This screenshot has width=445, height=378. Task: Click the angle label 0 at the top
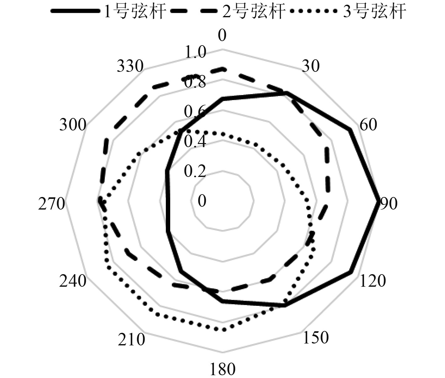pos(222,36)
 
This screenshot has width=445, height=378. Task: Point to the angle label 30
pos(311,66)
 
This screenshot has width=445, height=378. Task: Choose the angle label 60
pos(368,125)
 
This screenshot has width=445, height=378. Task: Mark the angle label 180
pos(222,370)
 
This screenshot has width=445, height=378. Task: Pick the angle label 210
pos(132,340)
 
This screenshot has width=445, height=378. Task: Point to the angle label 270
pos(52,204)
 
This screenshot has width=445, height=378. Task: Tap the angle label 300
pos(73,125)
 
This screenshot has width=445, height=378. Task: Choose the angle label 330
pos(130,66)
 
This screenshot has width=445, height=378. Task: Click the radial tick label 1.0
pos(195,52)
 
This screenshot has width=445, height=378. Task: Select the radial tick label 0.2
pos(195,171)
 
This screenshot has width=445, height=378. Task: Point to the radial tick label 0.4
pos(195,142)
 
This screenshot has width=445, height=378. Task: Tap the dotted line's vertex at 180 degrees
pos(223,329)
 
